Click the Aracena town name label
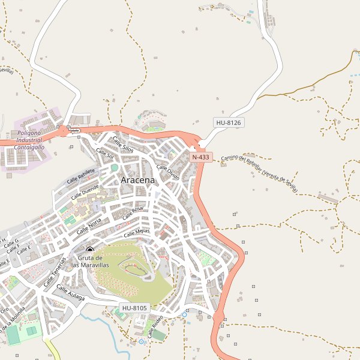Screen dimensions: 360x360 [x=137, y=180]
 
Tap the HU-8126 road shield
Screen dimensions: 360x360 [x=228, y=122]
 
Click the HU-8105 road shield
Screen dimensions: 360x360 [x=134, y=308]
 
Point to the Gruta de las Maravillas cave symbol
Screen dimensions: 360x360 [x=90, y=250]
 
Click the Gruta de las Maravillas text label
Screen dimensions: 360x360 [x=90, y=261]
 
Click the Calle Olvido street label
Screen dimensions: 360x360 [x=168, y=172]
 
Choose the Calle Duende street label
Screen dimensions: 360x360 [x=85, y=191]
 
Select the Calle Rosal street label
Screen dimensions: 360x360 [x=133, y=213]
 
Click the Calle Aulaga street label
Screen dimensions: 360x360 [x=70, y=292]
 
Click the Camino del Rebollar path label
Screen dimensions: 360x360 [x=259, y=174]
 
